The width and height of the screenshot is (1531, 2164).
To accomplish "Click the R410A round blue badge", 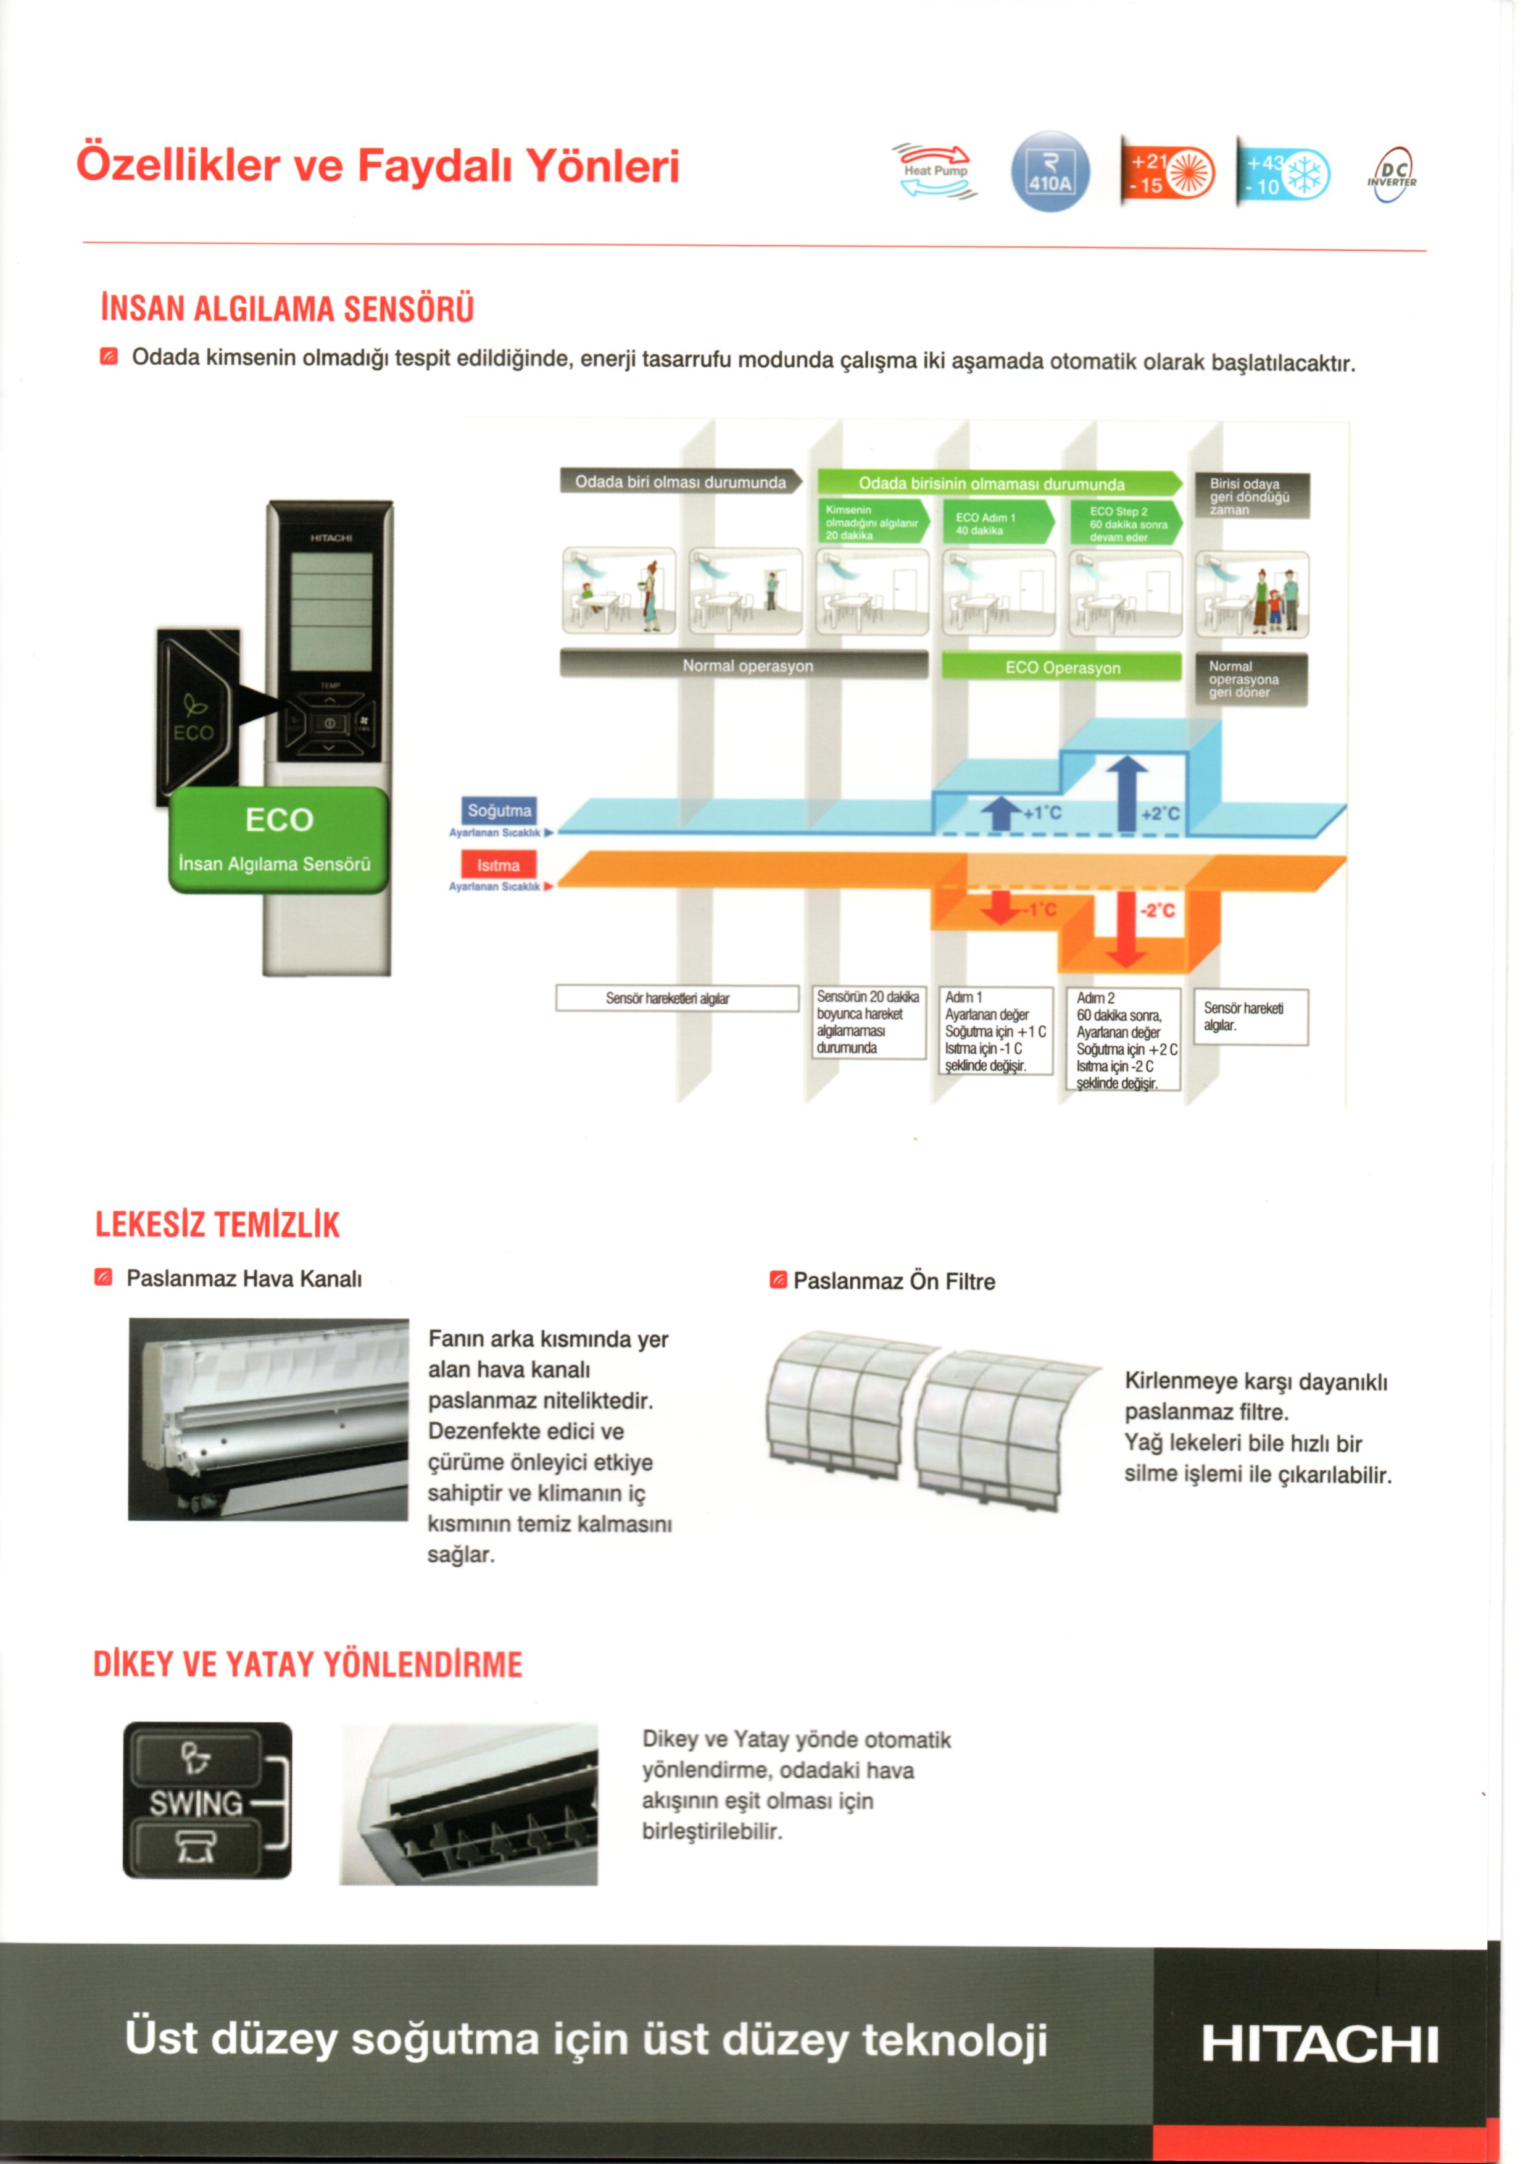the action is pyautogui.click(x=1050, y=172).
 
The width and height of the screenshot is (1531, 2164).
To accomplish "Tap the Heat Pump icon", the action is pyautogui.click(x=934, y=171).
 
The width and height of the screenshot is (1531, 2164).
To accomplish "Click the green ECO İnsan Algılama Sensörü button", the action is pyautogui.click(x=279, y=840).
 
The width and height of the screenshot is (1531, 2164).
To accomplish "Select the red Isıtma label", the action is pyautogui.click(x=499, y=865).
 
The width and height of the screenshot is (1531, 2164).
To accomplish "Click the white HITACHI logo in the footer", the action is pyautogui.click(x=1320, y=2044).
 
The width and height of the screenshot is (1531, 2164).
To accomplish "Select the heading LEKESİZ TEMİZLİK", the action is pyautogui.click(x=218, y=1224).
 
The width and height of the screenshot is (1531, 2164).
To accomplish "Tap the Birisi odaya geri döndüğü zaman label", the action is pyautogui.click(x=1253, y=496).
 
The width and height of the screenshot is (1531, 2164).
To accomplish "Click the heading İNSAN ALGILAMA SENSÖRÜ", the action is pyautogui.click(x=288, y=309).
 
